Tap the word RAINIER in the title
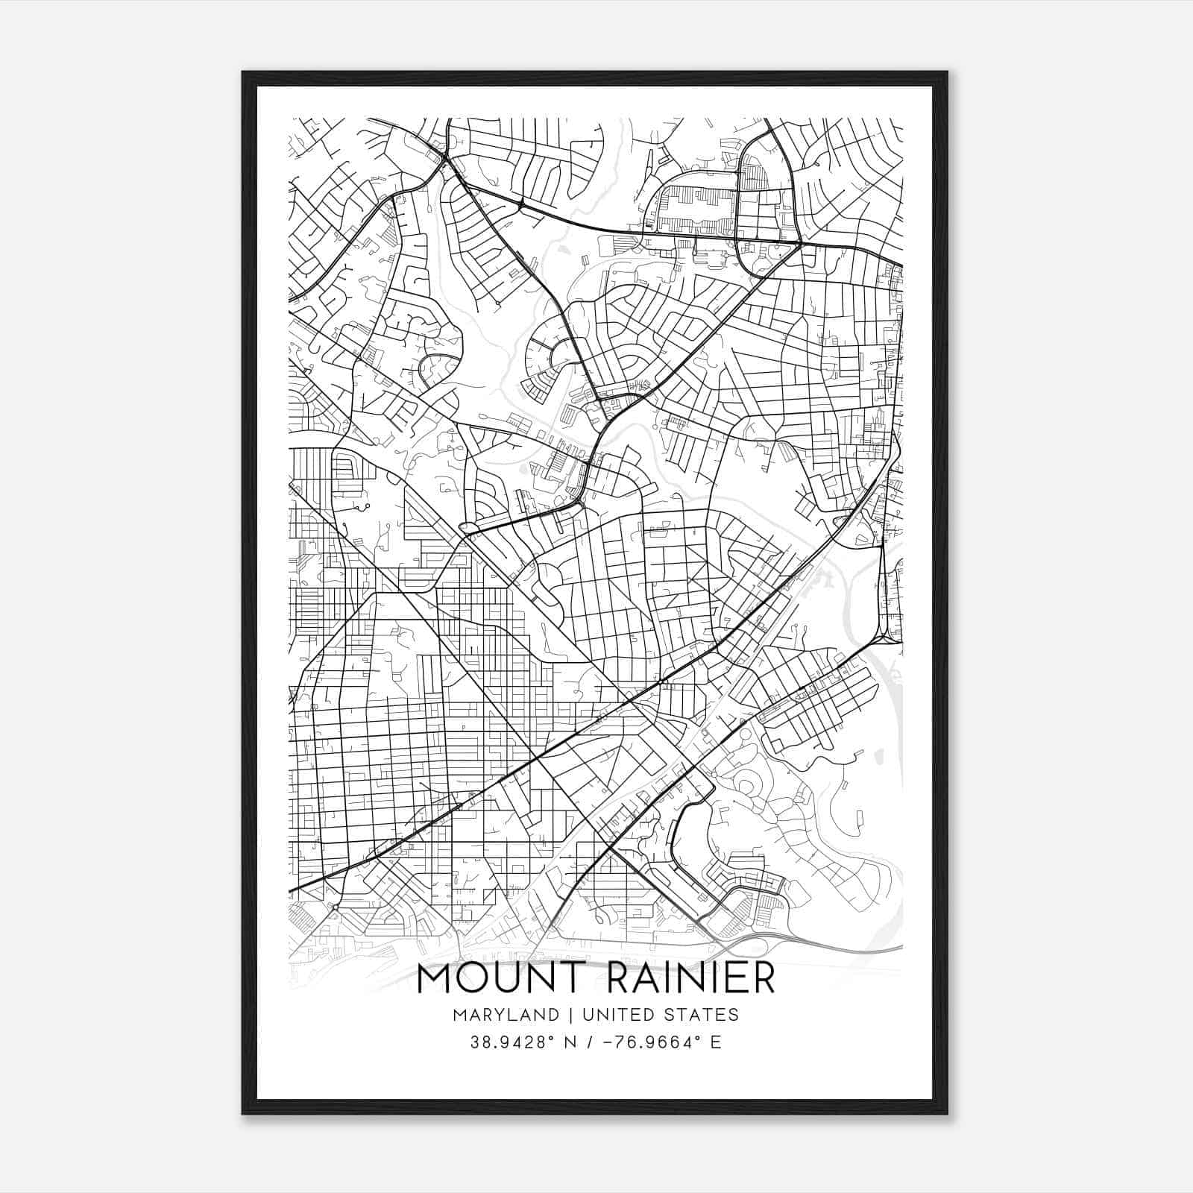691,978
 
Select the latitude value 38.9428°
514,1042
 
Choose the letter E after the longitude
716,1042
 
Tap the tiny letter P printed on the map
463,728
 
